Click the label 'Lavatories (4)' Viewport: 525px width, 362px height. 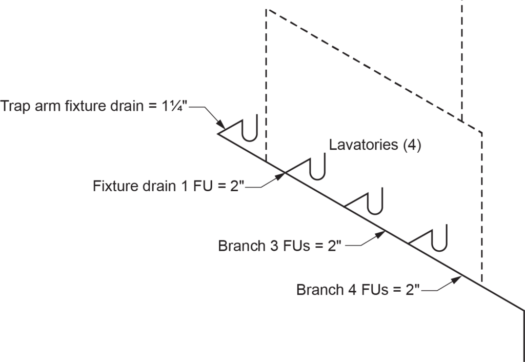(375, 145)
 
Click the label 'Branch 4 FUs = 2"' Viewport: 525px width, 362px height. (358, 290)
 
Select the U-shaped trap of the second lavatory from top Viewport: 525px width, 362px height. (318, 170)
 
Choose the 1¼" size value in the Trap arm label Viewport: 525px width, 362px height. (175, 107)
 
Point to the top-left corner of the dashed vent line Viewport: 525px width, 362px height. (267, 10)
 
